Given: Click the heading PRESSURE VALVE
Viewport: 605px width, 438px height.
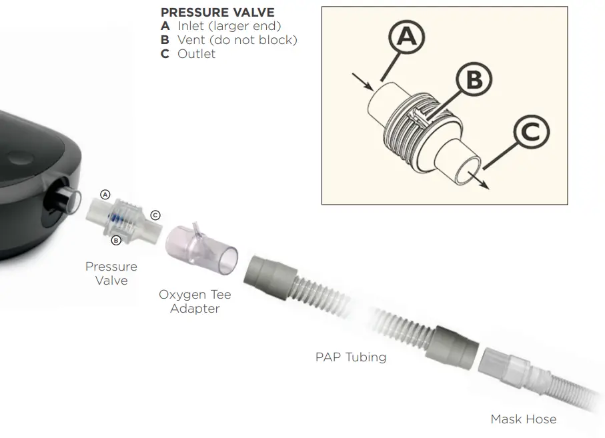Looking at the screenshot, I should click(217, 13).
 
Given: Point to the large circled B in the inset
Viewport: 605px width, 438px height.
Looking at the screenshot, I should click(473, 80).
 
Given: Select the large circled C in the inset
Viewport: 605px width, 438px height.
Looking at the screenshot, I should click(530, 133).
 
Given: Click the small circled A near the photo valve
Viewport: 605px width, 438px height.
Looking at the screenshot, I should click(105, 195).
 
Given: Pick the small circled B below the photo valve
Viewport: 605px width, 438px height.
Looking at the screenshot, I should click(115, 240).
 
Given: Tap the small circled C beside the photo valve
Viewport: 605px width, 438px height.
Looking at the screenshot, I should click(155, 215).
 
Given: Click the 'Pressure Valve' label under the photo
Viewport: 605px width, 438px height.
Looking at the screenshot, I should click(111, 273).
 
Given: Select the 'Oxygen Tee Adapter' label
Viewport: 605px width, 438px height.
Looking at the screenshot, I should click(195, 301).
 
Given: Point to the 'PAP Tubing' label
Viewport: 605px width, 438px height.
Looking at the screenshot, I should click(350, 357).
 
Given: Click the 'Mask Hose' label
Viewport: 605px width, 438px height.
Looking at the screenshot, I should click(523, 419).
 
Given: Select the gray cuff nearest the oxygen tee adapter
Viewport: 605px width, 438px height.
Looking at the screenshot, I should click(270, 273).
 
